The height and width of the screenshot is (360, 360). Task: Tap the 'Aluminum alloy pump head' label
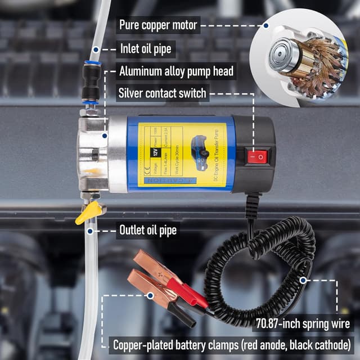tap(176, 71)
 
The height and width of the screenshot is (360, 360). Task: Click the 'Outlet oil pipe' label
tap(148, 230)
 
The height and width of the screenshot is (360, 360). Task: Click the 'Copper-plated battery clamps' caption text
tap(231, 344)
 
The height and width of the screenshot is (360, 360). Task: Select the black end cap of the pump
tap(256, 152)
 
